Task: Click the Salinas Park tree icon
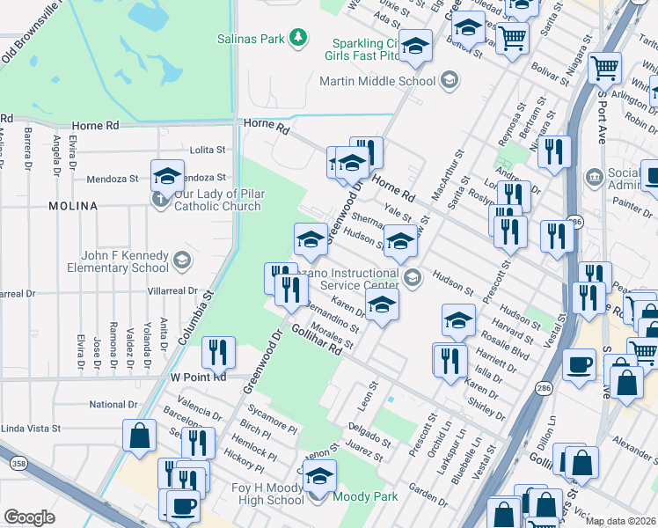[299, 37]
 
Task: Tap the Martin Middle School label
[377, 81]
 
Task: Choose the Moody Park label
[363, 496]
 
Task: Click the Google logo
[29, 517]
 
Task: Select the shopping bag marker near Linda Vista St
[139, 436]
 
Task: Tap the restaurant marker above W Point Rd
[218, 353]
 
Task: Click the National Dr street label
[113, 405]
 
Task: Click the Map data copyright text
[620, 520]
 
